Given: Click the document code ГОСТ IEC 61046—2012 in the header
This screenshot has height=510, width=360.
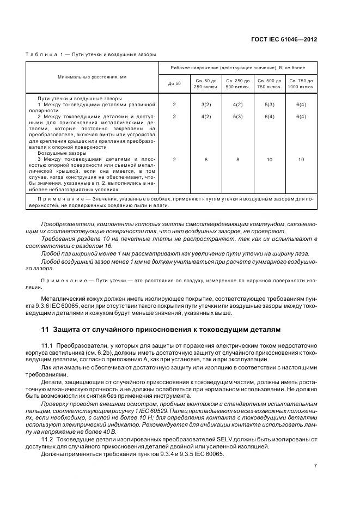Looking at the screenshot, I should point(292,40).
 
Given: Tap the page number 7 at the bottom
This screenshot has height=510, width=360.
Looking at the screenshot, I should point(315,465).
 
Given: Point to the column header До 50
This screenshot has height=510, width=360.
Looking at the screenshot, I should point(174,83).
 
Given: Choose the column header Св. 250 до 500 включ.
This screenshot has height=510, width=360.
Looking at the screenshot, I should point(237,83).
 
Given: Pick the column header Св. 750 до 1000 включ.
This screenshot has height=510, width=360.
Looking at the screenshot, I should point(301,83).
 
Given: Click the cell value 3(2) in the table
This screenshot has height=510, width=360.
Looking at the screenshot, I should point(206,104).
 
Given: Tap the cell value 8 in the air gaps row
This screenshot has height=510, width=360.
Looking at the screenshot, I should point(237,160).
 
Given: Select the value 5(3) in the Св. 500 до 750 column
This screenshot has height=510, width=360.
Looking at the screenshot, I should point(269,104).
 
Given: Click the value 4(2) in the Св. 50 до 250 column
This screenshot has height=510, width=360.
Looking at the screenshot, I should point(206,117).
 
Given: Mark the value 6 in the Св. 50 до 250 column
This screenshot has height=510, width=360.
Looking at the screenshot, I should point(206,160).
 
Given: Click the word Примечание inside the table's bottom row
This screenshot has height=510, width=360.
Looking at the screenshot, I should point(60,199).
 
